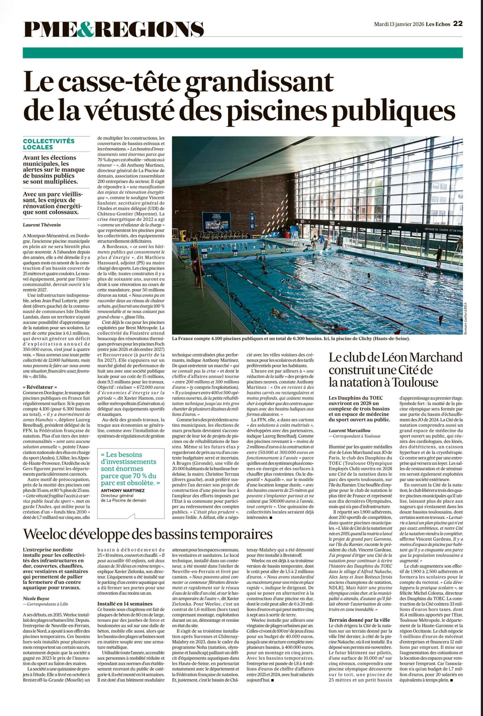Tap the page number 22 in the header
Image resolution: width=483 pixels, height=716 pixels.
[x=458, y=24]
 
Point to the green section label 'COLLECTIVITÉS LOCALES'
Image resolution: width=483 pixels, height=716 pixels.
[x=49, y=144]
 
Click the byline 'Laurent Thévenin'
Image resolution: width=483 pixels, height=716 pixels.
[x=42, y=225]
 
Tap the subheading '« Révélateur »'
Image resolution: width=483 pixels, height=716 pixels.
[x=40, y=387]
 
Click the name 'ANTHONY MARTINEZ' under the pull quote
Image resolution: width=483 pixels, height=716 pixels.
[x=123, y=491]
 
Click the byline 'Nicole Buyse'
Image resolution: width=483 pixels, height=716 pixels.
[x=36, y=599]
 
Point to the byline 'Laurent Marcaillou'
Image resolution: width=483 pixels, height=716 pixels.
[x=349, y=430]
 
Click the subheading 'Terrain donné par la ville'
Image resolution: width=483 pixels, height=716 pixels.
[x=359, y=620]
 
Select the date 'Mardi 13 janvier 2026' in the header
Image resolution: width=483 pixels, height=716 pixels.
[x=399, y=24]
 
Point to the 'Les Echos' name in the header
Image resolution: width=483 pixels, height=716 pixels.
[x=438, y=24]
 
